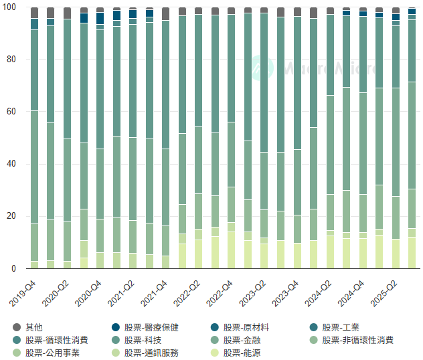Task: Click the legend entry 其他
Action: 33,327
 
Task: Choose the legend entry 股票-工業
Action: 340,327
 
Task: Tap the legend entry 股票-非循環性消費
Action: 357,340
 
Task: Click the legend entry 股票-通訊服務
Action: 154,353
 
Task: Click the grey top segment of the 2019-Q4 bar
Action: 34,13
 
